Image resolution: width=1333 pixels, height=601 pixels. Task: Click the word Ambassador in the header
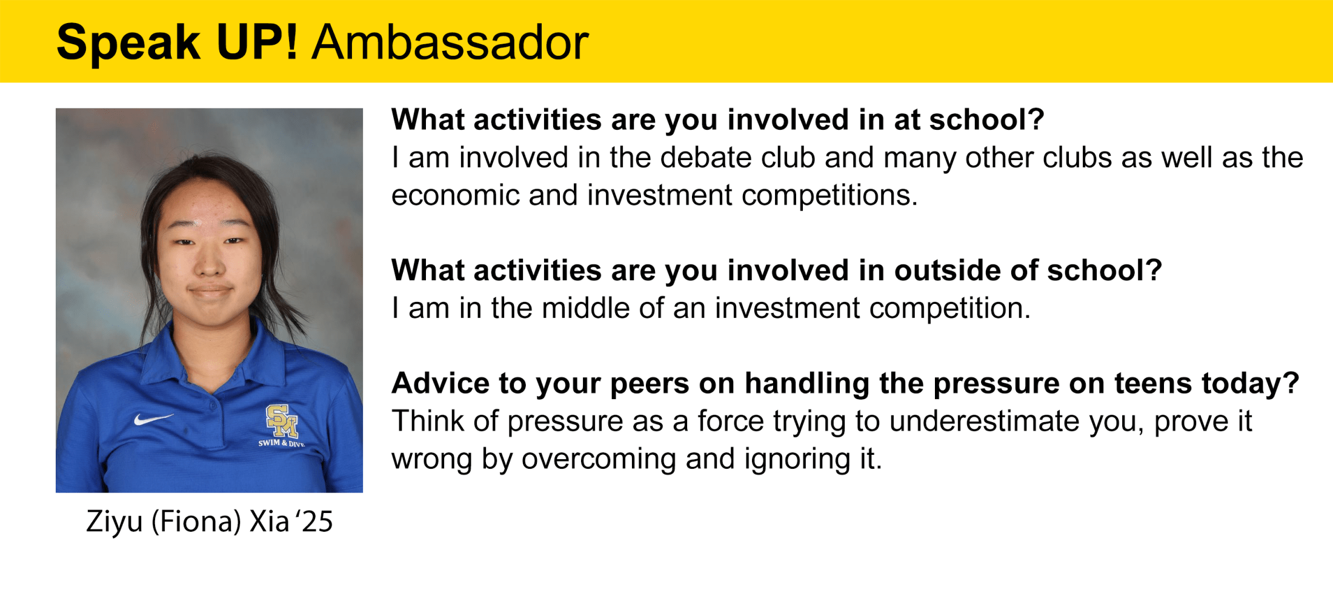(450, 42)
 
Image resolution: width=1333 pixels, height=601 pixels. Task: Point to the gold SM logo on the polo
(282, 421)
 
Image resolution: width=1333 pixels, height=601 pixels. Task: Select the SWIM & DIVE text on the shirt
(281, 443)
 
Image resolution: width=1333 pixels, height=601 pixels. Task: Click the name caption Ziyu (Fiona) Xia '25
(210, 522)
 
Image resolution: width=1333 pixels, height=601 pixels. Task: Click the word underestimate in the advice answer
(985, 421)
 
